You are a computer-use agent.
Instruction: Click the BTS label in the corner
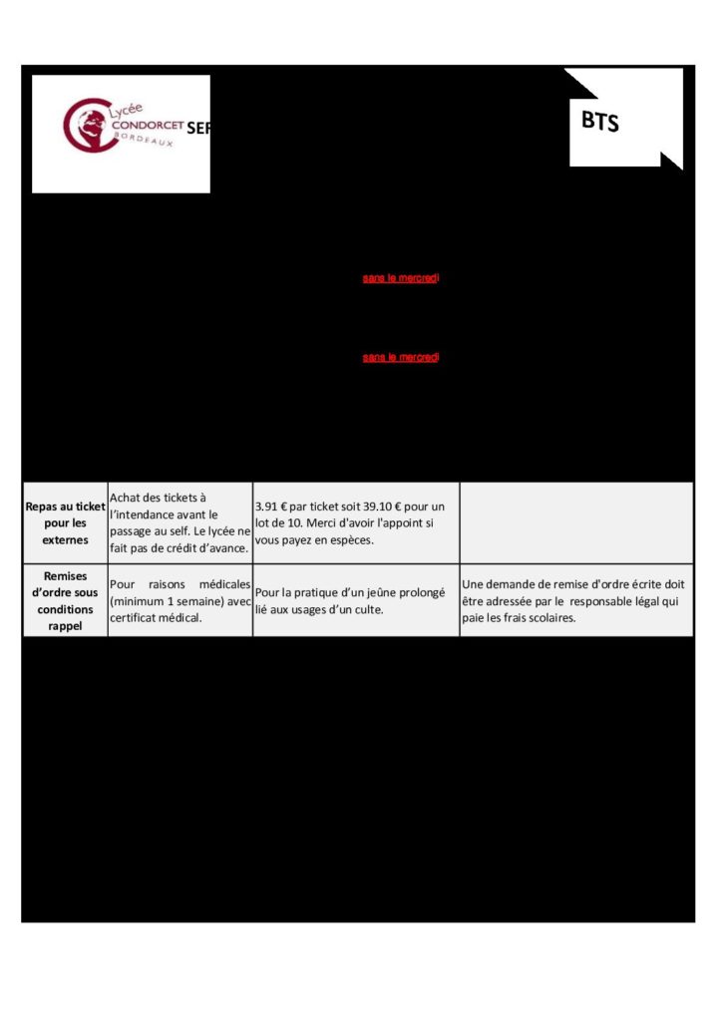click(600, 122)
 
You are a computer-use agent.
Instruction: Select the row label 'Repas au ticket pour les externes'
click(66, 522)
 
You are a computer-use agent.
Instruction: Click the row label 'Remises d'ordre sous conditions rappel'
click(66, 600)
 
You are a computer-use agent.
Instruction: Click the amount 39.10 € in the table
click(377, 506)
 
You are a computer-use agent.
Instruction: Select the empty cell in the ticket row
click(575, 522)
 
